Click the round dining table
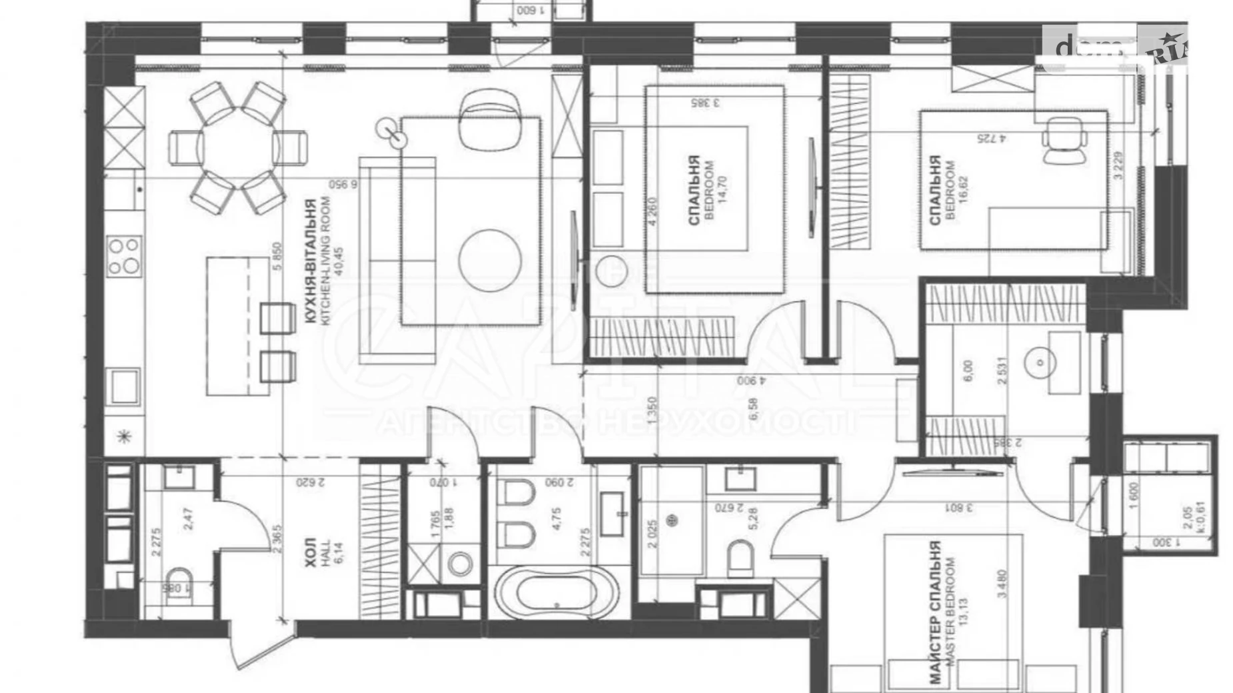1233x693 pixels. tap(238, 147)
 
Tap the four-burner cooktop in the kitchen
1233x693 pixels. tap(125, 256)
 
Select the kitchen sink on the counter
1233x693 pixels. tap(125, 386)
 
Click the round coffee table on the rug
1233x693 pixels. tap(490, 260)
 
